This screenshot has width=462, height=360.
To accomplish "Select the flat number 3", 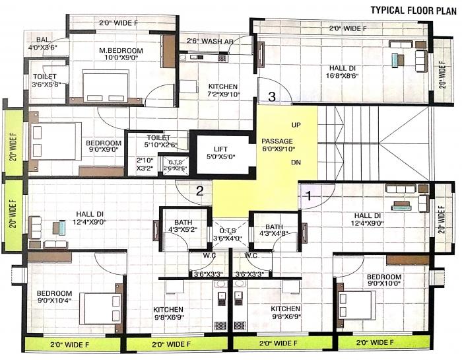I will click(271, 96).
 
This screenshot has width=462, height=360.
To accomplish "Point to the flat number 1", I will click(307, 195).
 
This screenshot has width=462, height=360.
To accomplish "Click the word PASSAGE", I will click(278, 141).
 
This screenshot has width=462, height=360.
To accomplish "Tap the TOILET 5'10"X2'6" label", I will click(150, 141).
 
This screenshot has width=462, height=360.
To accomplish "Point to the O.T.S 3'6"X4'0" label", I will click(231, 234).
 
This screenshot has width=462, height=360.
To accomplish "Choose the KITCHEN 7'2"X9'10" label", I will click(223, 91).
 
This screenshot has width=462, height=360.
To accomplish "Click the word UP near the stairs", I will click(295, 125).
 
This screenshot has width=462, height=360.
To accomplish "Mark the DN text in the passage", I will click(295, 161).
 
